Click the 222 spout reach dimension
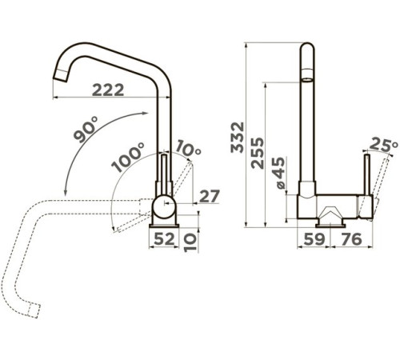click(x=108, y=90)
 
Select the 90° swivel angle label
click(x=86, y=130)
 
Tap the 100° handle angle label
click(x=128, y=158)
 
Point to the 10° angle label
click(x=189, y=148)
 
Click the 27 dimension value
click(x=210, y=196)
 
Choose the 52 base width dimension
click(x=164, y=238)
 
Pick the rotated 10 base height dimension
click(x=190, y=242)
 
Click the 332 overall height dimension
click(x=238, y=137)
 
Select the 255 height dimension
click(x=258, y=153)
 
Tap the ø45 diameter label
click(x=278, y=173)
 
